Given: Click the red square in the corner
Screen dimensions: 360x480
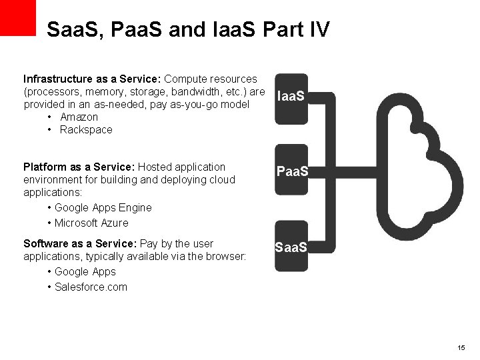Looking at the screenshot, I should pos(17,17).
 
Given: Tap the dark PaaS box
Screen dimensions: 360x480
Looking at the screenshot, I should pos(291,171).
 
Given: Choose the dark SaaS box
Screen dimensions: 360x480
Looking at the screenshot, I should pos(291,247).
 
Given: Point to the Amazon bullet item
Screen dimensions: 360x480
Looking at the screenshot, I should pos(79,117).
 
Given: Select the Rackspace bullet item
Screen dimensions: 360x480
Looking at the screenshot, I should pos(86,130).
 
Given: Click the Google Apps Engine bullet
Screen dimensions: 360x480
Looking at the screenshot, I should pos(103,208).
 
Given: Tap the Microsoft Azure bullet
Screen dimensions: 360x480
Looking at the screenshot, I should pos(91,223).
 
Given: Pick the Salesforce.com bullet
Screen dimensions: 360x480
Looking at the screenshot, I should pos(91,287).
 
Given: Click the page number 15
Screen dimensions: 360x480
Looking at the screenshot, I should pos(461,348).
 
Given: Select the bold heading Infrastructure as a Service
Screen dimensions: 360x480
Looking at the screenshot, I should pos(92,79).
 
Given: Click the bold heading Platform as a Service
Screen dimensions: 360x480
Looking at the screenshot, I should pos(79,167).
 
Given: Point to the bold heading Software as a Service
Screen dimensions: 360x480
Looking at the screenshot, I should pos(80,243).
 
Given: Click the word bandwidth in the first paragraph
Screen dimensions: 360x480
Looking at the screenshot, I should pos(200,92).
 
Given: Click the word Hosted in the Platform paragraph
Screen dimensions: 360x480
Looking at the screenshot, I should pos(153,167).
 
